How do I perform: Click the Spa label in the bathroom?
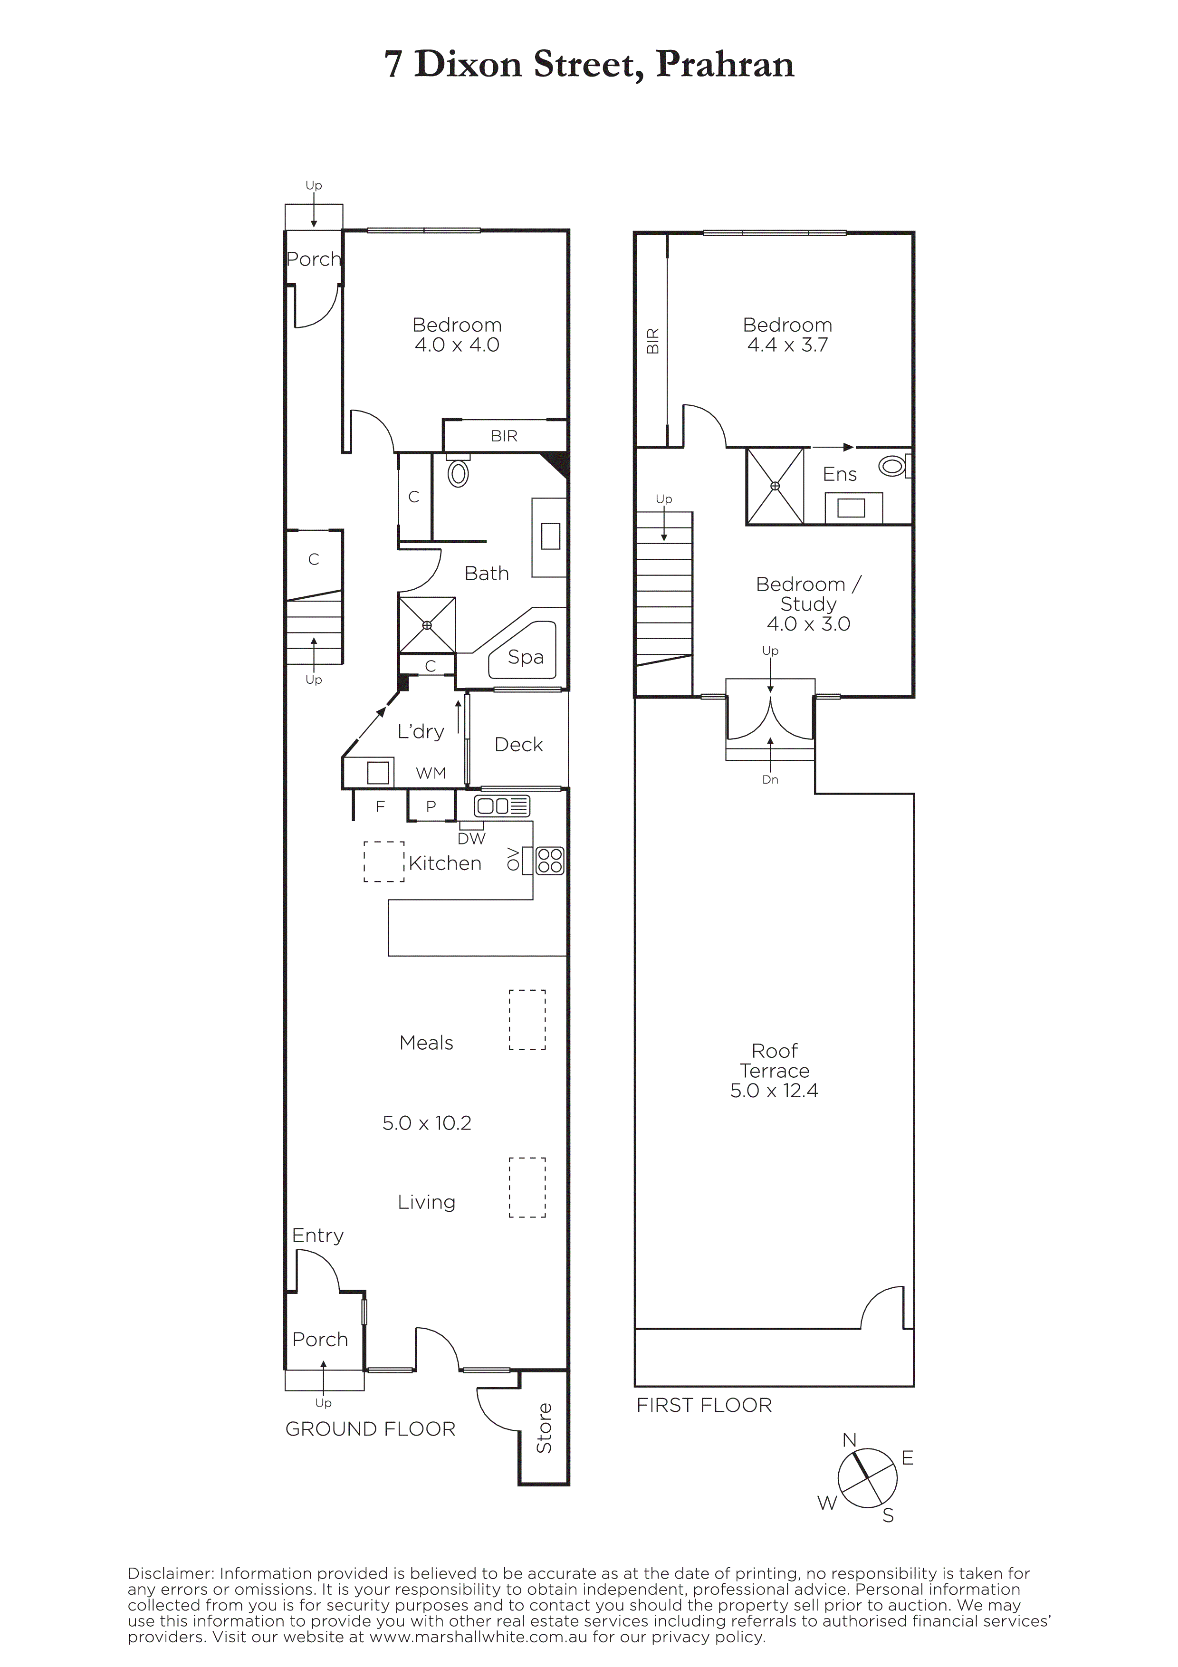526,657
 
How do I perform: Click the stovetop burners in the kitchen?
549,861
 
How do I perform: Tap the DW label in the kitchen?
472,839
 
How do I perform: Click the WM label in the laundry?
431,773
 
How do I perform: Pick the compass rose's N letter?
849,1440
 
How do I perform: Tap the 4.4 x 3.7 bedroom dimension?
787,345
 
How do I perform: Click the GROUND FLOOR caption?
370,1429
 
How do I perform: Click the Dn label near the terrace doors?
770,780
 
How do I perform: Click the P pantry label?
431,806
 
